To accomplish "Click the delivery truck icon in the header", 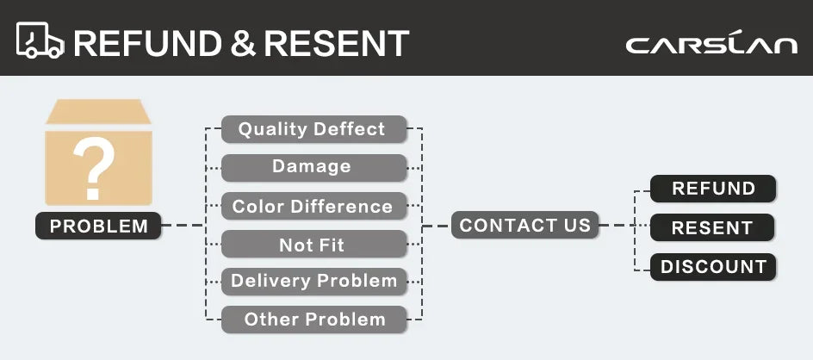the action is pyautogui.click(x=40, y=40).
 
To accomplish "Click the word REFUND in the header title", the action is pyautogui.click(x=147, y=43).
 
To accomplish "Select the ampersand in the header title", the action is pyautogui.click(x=243, y=43).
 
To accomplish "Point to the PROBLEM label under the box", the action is pyautogui.click(x=98, y=226).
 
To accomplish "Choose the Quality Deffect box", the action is pyautogui.click(x=314, y=129).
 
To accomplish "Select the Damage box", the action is pyautogui.click(x=314, y=168).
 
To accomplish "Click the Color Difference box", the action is pyautogui.click(x=314, y=206).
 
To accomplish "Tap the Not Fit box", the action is pyautogui.click(x=314, y=244).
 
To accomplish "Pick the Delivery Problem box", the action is pyautogui.click(x=314, y=282).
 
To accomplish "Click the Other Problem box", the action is pyautogui.click(x=314, y=320).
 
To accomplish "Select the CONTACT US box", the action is pyautogui.click(x=524, y=225).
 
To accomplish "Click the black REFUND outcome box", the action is pyautogui.click(x=713, y=189).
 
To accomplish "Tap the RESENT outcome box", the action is pyautogui.click(x=712, y=227).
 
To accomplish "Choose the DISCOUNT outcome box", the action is pyautogui.click(x=713, y=267).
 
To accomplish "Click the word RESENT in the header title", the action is pyautogui.click(x=337, y=43).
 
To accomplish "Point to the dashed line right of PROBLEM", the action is pyautogui.click(x=183, y=225).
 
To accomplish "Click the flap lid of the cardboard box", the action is pyautogui.click(x=98, y=111).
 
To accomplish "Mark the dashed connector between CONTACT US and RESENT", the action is pyautogui.click(x=624, y=226).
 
